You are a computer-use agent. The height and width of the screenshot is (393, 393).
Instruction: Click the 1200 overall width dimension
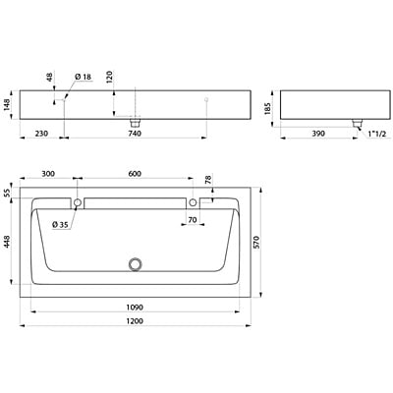(x=135, y=321)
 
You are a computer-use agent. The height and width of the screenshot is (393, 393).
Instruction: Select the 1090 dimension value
(x=135, y=308)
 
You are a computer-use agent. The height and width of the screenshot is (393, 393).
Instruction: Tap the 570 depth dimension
(x=256, y=242)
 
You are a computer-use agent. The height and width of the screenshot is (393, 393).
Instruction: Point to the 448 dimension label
(x=7, y=242)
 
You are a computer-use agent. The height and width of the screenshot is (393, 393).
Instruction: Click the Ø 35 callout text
(x=60, y=225)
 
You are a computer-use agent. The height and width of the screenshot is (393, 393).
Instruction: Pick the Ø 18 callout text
(x=83, y=77)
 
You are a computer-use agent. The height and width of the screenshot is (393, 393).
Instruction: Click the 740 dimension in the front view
(x=135, y=134)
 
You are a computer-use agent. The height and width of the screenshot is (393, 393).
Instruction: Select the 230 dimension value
(x=41, y=134)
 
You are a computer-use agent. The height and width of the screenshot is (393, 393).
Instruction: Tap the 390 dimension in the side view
(x=318, y=134)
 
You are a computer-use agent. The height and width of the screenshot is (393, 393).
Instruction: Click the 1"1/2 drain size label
(x=377, y=134)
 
